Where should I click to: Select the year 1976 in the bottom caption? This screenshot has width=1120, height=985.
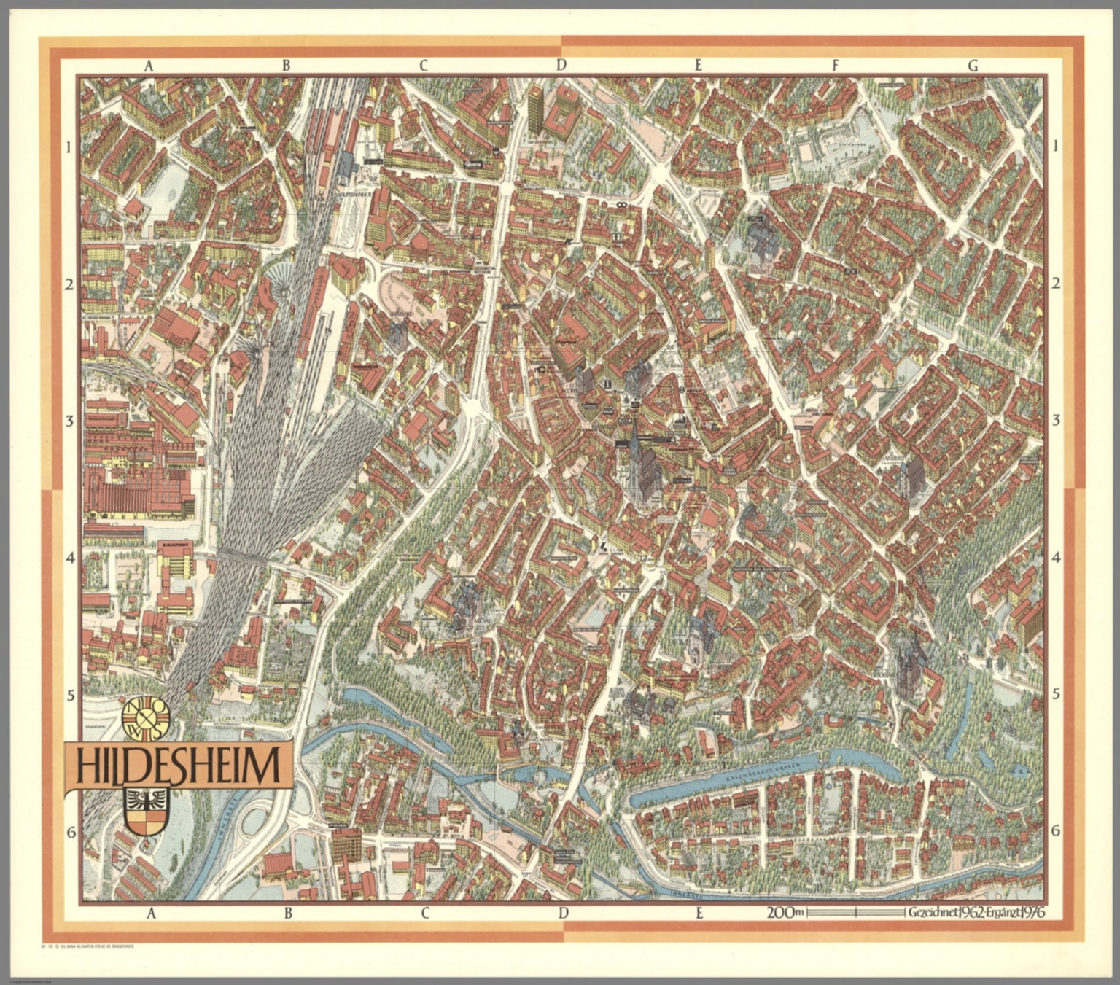coord(1030,912)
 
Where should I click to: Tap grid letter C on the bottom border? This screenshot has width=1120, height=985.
coord(424,913)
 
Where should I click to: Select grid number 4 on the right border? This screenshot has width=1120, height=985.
coord(1056,558)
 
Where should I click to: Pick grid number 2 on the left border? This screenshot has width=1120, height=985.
coord(70,284)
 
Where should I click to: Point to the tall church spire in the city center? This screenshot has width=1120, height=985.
coord(636,445)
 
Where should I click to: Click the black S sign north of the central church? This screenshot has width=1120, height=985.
coord(637,401)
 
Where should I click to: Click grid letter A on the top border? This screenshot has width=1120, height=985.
coord(149,66)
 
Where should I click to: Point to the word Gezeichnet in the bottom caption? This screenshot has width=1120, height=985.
coord(933,912)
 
